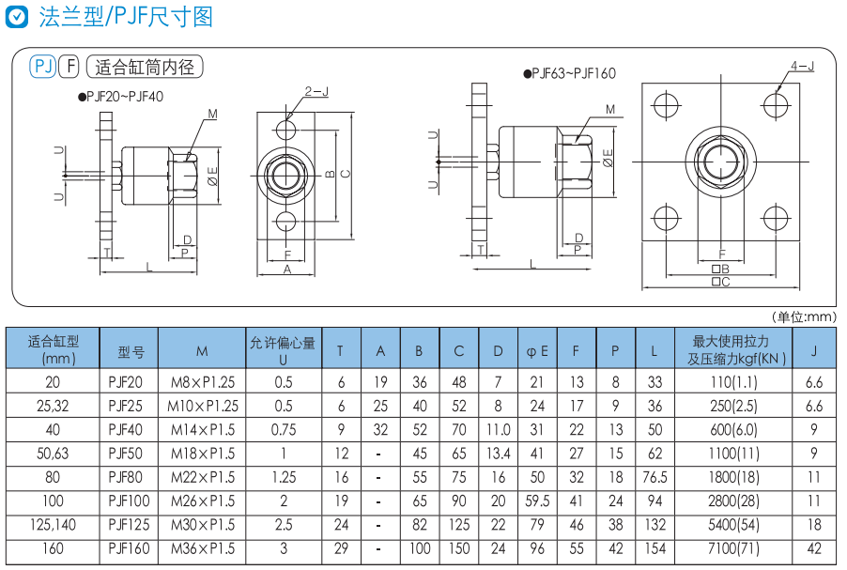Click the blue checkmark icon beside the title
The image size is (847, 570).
[x=15, y=17]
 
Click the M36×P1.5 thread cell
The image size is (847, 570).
[x=202, y=549]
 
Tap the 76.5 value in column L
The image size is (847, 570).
[x=654, y=477]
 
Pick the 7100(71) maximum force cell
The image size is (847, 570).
[x=733, y=549]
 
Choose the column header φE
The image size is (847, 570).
[x=537, y=351]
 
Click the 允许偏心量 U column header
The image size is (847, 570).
[x=283, y=350]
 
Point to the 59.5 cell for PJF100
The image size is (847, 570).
[x=537, y=501]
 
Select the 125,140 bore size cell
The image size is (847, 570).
[x=53, y=525]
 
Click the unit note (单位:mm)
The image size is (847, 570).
[x=803, y=317]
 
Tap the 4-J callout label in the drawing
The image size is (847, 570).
[x=801, y=67]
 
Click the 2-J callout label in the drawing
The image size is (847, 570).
[x=316, y=91]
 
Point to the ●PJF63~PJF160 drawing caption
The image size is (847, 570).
[x=570, y=73]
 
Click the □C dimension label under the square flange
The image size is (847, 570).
[x=721, y=281]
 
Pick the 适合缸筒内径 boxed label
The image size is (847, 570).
[x=144, y=67]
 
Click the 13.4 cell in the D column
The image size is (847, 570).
[x=498, y=454]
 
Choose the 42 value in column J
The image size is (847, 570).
[x=814, y=549]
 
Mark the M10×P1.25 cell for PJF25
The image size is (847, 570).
[x=202, y=406]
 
